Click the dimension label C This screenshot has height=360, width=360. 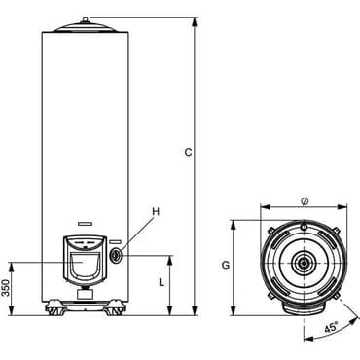189,152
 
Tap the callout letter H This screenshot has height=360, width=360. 156,212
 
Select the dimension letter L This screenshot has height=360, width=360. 162,283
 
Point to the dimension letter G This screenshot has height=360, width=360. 226,266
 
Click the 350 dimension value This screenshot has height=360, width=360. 6,288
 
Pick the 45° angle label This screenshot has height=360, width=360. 331,327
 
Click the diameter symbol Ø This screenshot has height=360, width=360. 305,201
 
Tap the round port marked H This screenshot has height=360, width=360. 116,256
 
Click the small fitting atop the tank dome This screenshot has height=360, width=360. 85,19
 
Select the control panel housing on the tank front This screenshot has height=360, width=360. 85,260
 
